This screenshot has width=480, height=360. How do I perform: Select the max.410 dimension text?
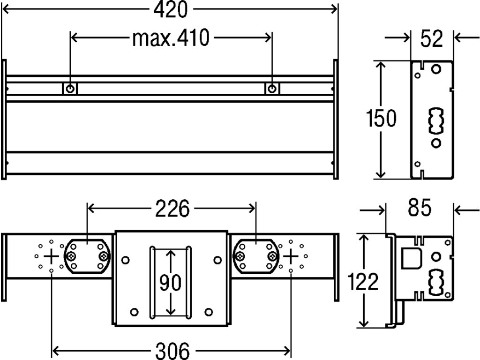point(170,39)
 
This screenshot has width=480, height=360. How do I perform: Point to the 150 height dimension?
point(381,119)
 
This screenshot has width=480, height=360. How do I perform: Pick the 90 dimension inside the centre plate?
point(171,283)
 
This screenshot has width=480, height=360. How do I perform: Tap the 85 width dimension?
point(419,209)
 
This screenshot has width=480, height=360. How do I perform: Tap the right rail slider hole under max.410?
point(272,88)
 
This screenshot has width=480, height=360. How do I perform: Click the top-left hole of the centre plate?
point(125,259)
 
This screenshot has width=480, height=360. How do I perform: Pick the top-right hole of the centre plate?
point(217,259)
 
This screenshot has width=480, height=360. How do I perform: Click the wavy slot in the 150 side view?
point(435,122)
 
